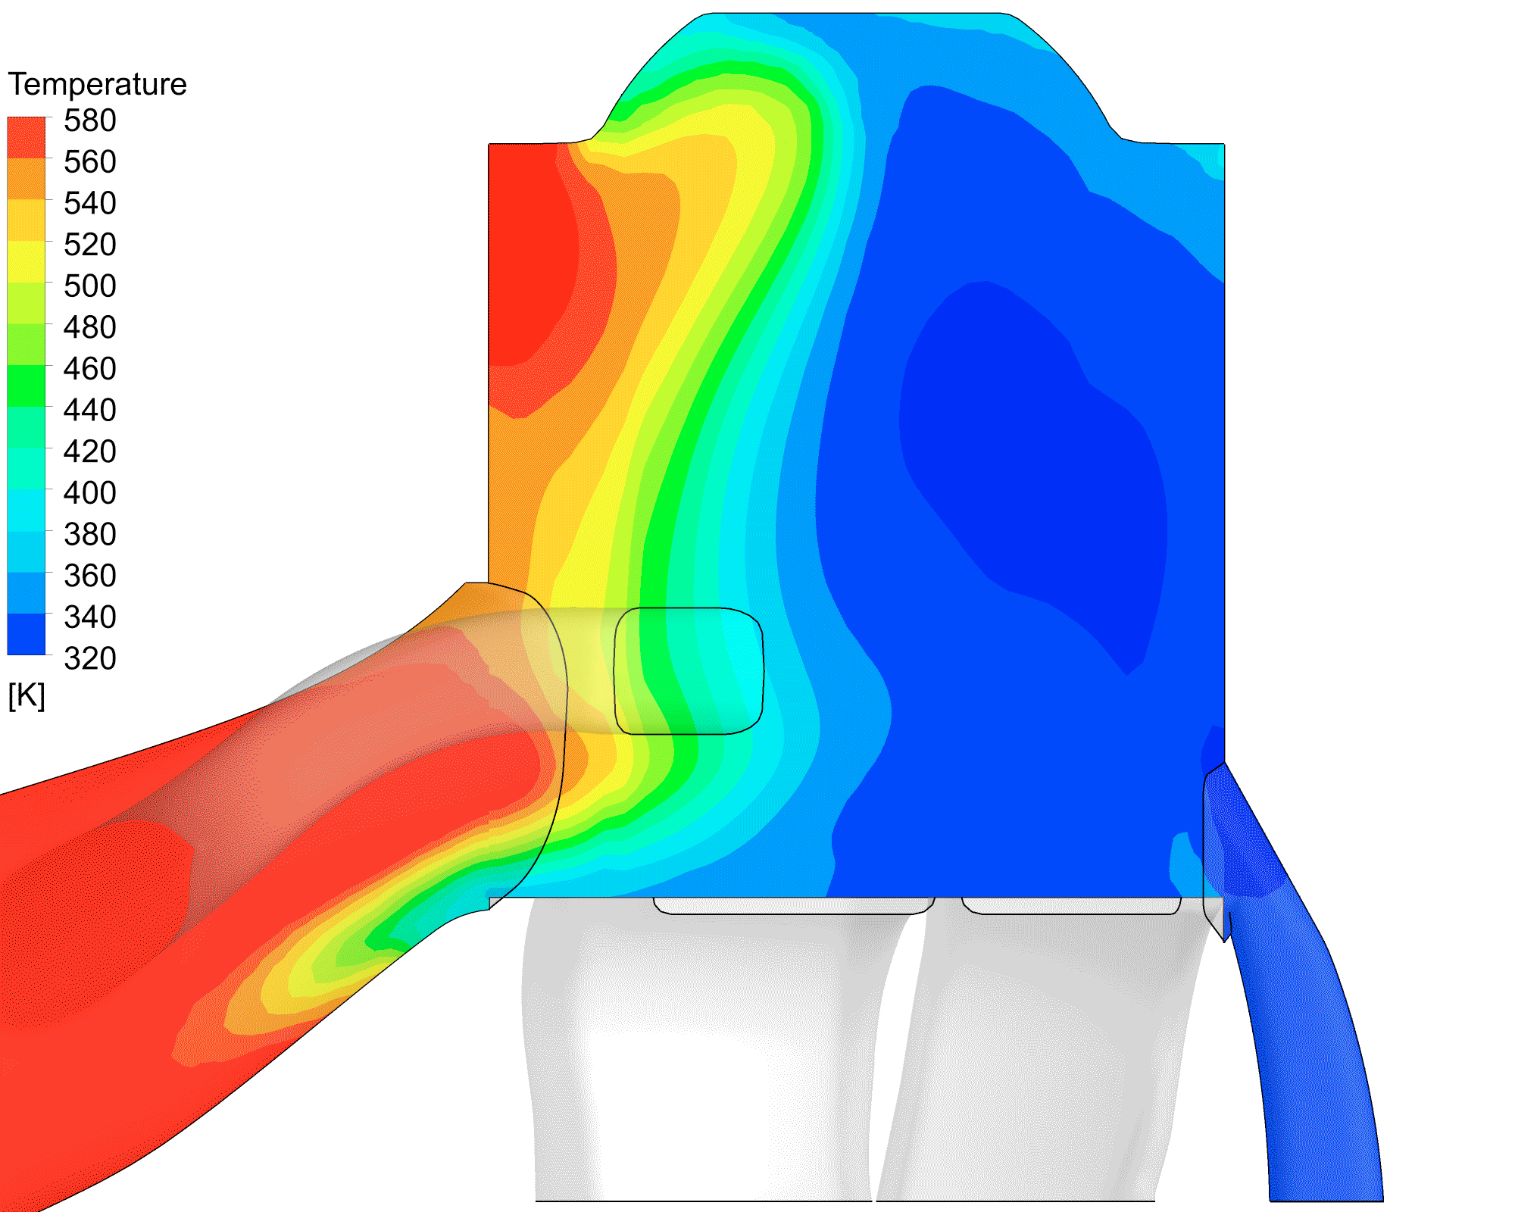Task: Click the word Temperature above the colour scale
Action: pyautogui.click(x=97, y=84)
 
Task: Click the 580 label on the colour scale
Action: pyautogui.click(x=90, y=120)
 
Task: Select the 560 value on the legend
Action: pyautogui.click(x=90, y=162)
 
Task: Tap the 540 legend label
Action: pyautogui.click(x=90, y=203)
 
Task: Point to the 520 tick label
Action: pyautogui.click(x=90, y=245)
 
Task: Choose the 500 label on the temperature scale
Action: pyautogui.click(x=90, y=286)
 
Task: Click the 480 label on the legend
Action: pyautogui.click(x=90, y=327)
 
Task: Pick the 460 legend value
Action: pyautogui.click(x=90, y=369)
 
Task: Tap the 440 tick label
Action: pyautogui.click(x=90, y=411)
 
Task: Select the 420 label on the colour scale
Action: pyautogui.click(x=90, y=451)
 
